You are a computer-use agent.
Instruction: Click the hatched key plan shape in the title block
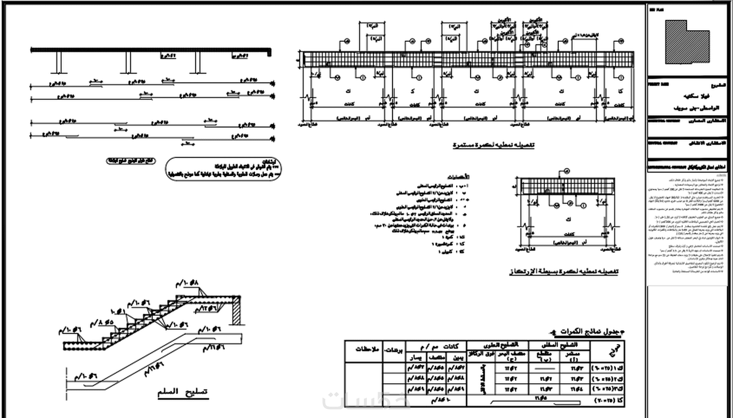click(x=686, y=42)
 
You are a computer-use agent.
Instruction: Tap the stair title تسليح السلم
click(x=183, y=392)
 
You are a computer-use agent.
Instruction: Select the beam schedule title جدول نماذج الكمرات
click(x=589, y=332)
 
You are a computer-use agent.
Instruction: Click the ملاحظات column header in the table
click(x=367, y=349)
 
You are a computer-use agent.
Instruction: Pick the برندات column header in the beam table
click(x=393, y=350)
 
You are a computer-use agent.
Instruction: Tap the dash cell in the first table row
click(x=544, y=368)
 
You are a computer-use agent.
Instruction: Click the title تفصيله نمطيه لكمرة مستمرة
click(x=493, y=145)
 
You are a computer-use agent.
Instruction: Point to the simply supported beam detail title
click(x=564, y=271)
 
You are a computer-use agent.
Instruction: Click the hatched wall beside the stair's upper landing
click(x=236, y=311)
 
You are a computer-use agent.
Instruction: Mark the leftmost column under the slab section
click(x=59, y=63)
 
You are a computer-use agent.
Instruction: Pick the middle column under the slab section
click(x=128, y=63)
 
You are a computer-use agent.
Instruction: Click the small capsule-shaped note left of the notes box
click(x=131, y=161)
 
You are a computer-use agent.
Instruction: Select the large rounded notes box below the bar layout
click(x=223, y=169)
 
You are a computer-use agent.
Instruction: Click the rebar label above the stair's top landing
click(x=187, y=283)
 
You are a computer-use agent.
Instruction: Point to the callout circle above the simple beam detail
click(x=567, y=172)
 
